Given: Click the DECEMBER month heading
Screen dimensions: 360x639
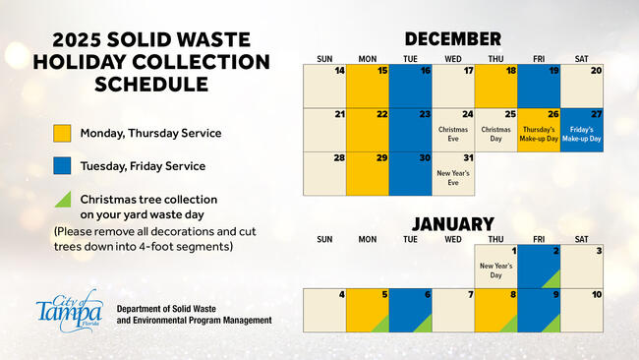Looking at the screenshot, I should click(x=452, y=39).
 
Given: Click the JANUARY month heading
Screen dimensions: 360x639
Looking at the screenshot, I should click(x=452, y=223).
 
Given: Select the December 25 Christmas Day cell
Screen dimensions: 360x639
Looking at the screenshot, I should click(x=495, y=128).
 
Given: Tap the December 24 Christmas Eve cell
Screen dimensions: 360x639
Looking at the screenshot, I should click(x=453, y=128).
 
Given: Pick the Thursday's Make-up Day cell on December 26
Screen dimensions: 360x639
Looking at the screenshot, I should click(x=539, y=128).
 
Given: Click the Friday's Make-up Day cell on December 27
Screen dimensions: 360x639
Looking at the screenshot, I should click(x=581, y=128).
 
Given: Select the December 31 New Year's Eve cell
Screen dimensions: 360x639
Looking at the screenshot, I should click(x=453, y=172).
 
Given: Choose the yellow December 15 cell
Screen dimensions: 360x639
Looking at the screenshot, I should click(x=368, y=85).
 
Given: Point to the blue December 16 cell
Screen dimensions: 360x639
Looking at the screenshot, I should click(x=410, y=85).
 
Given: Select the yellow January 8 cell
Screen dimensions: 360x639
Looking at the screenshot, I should click(x=495, y=309).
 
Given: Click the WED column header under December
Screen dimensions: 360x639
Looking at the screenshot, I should click(x=453, y=57).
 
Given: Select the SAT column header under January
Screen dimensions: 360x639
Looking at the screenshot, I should click(x=581, y=239).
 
